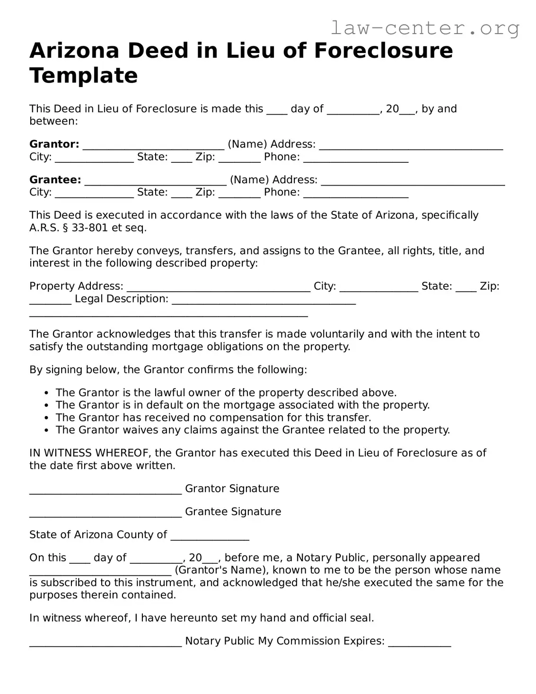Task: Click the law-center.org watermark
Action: pyautogui.click(x=425, y=28)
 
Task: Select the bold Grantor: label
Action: pyautogui.click(x=54, y=144)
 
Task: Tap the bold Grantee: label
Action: pyautogui.click(x=55, y=180)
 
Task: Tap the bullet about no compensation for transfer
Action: pyautogui.click(x=213, y=418)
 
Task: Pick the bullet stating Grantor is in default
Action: pyautogui.click(x=242, y=405)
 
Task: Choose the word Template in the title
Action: pyautogui.click(x=84, y=76)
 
